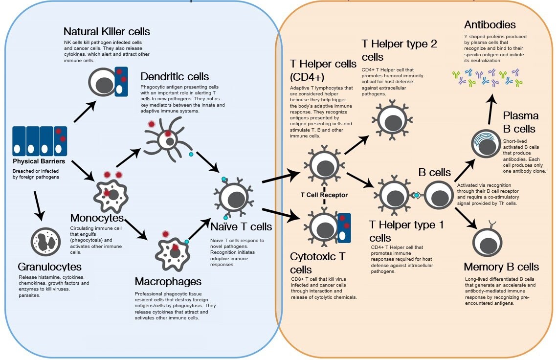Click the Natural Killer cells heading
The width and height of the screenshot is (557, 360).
pos(107,32)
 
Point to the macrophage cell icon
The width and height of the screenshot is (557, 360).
pos(172,253)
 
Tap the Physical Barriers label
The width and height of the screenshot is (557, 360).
pos(39,161)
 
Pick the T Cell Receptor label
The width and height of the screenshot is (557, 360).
pos(324,195)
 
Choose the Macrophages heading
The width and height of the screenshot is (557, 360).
pos(168,282)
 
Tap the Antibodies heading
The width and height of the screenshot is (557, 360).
pos(490,24)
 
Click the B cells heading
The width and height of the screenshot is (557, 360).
pos(434,172)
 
